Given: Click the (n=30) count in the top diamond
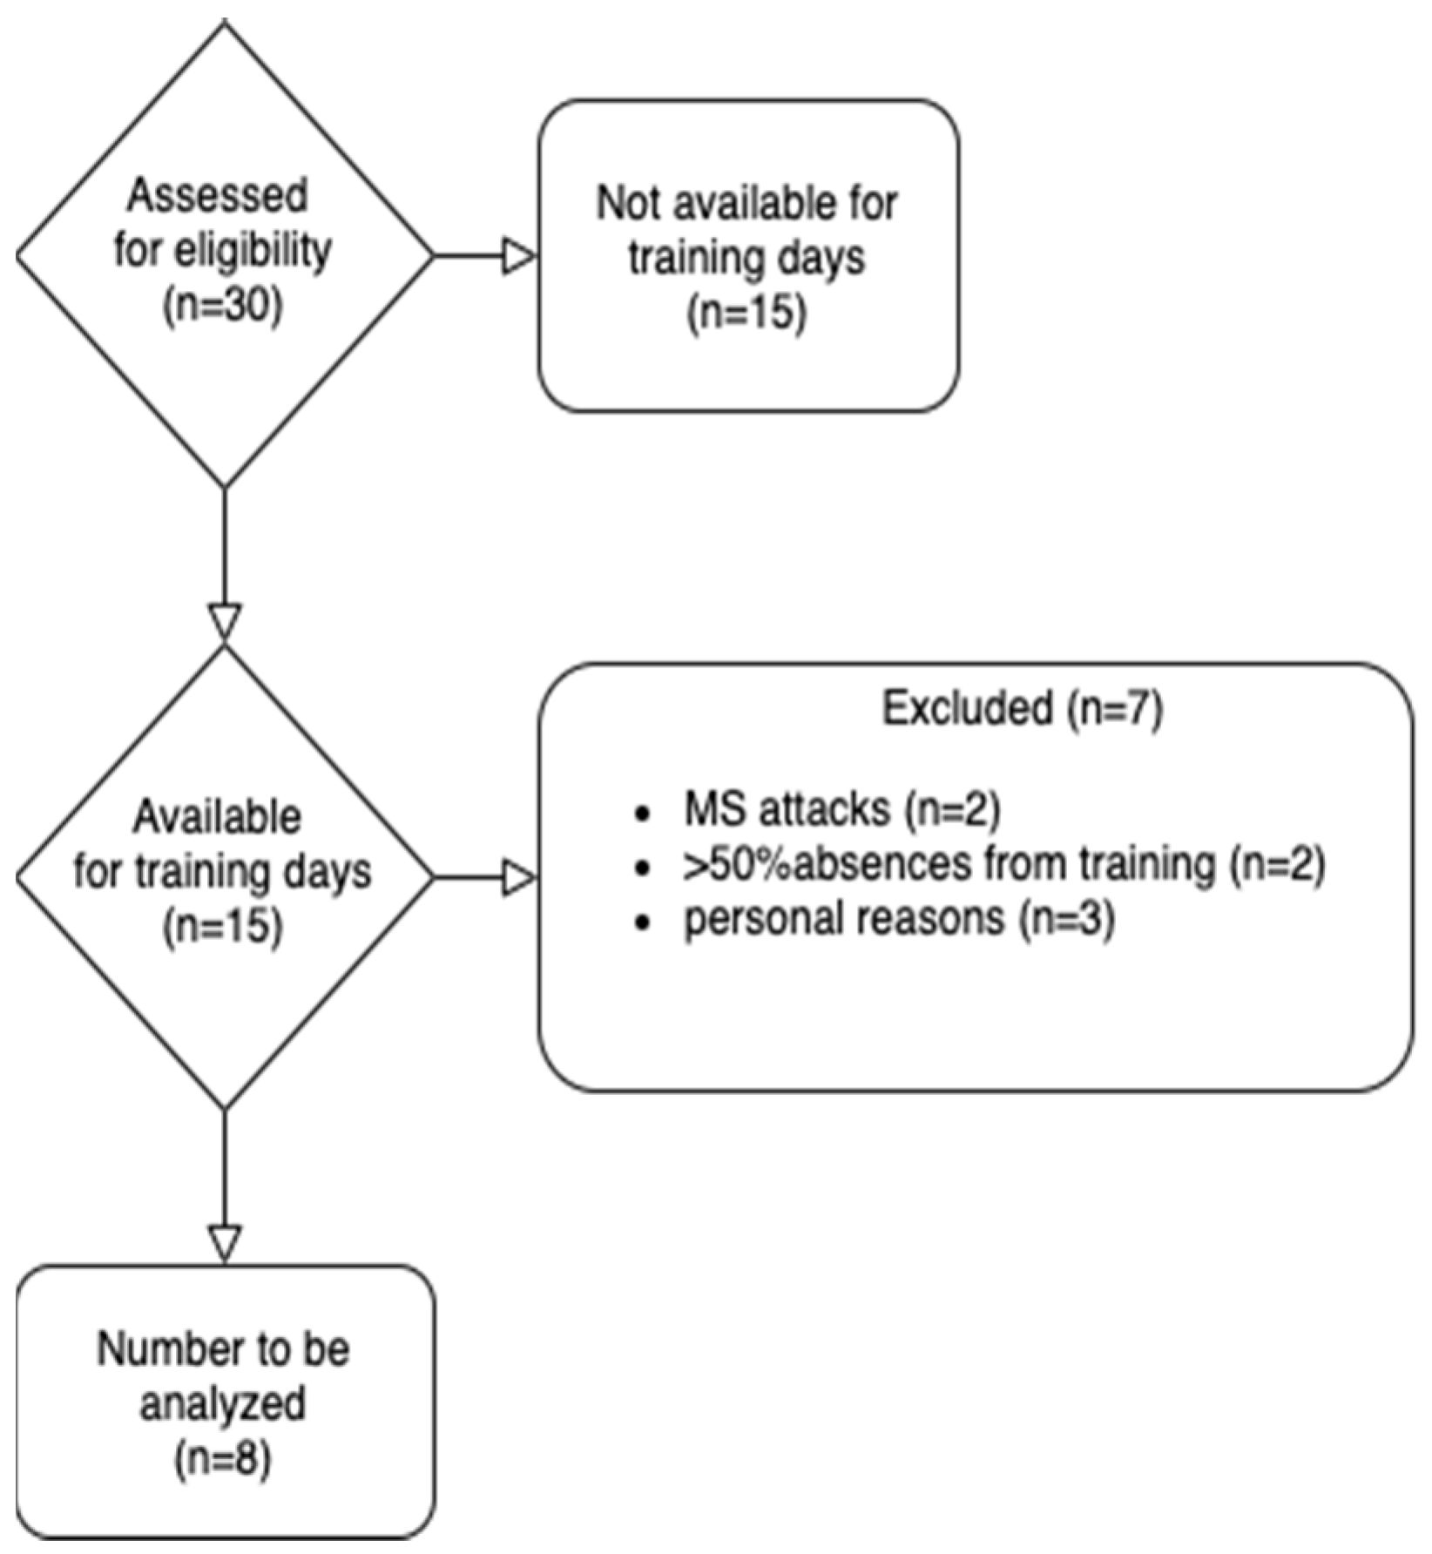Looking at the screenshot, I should [223, 307].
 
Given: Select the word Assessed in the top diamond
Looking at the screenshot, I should [218, 196].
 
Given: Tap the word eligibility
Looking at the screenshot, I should [253, 252].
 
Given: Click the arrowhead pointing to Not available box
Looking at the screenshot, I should [519, 257].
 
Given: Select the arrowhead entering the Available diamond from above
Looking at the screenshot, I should [225, 622].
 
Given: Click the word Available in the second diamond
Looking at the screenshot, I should [218, 818].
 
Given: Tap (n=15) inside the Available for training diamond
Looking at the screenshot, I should [223, 927].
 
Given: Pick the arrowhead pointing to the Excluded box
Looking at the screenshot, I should [519, 878].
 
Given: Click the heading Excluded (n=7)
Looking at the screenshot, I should [1023, 709].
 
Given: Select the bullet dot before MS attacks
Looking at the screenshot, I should [643, 814].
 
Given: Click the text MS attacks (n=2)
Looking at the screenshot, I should [841, 810].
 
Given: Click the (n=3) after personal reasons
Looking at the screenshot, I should [1067, 919].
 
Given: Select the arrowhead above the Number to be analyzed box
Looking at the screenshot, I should [225, 1242].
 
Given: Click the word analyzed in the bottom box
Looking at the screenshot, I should [223, 1404].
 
